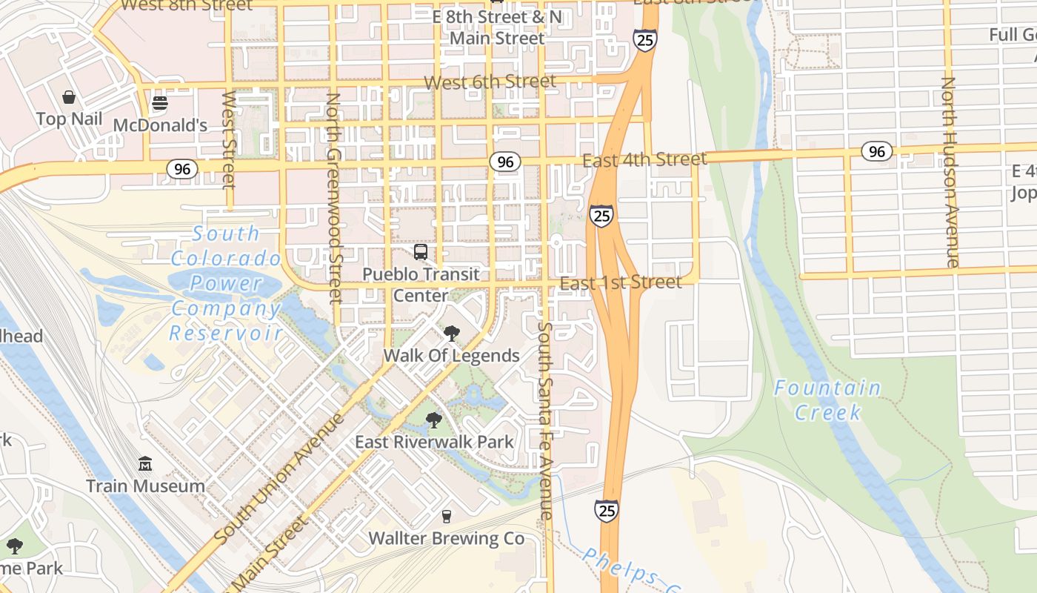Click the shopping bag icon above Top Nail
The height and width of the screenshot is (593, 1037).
click(69, 97)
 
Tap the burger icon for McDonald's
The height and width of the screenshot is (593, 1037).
click(160, 103)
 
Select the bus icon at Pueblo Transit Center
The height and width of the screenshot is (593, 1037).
click(421, 252)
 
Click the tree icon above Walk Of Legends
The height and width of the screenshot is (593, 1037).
click(451, 334)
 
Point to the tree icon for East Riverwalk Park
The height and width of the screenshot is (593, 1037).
click(434, 420)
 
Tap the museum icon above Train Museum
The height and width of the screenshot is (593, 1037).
click(145, 464)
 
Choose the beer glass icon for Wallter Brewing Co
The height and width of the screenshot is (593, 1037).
click(446, 516)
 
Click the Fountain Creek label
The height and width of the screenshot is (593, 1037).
click(827, 400)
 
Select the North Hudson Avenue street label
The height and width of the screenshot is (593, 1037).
click(950, 172)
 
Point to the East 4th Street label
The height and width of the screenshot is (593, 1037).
click(644, 159)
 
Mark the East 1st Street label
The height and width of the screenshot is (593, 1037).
click(621, 282)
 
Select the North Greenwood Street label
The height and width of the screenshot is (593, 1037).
click(334, 197)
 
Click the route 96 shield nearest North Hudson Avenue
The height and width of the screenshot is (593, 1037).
click(877, 152)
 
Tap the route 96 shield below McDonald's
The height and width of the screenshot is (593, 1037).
click(181, 169)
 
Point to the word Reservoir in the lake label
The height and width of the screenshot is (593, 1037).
click(226, 333)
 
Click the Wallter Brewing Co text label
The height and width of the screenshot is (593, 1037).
click(447, 538)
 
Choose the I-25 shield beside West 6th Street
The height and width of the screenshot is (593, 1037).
click(644, 40)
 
